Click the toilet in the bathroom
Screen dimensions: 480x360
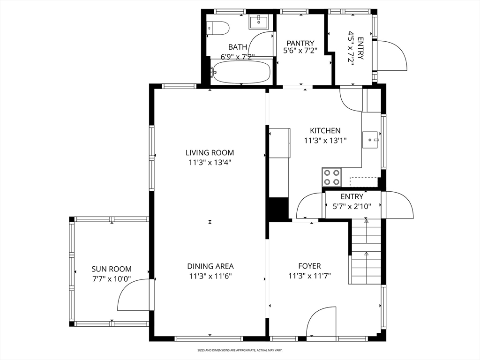point(218,29)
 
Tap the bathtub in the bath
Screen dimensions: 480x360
point(240,71)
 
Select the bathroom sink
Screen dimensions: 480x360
point(259,22)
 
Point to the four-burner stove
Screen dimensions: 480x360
point(332,177)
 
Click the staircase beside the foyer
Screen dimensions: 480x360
point(366,252)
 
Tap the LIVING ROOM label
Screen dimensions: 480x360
point(210,152)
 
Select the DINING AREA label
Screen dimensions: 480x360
point(210,266)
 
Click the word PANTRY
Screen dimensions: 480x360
point(300,43)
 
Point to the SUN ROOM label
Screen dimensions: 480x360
point(112,269)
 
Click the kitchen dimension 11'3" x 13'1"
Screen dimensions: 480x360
point(325,141)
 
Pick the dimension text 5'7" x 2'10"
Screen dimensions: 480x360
point(352,206)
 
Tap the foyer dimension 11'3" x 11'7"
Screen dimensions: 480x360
point(309,276)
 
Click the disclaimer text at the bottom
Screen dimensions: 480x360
point(240,350)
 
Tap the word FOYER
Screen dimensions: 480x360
point(309,266)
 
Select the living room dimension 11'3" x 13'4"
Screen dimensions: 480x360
point(210,162)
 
